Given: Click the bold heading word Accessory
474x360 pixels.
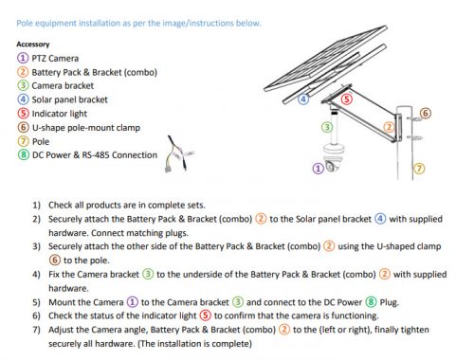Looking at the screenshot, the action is click(33, 45).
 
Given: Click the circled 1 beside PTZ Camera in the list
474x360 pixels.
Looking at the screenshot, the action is click(23, 58).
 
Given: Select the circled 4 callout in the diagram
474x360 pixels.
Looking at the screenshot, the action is click(303, 99).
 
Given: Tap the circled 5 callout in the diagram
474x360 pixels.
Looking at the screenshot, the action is click(347, 99).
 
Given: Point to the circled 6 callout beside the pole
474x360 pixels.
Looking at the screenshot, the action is click(426, 113).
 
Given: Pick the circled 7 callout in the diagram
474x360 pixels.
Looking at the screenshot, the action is click(419, 169).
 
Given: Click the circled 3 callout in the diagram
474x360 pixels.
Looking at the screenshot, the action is click(327, 127).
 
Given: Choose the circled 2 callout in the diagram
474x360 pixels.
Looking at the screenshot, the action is click(389, 127).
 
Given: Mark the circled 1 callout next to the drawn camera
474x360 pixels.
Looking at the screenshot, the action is click(318, 169).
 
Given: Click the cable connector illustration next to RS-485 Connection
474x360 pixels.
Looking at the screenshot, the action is click(179, 154).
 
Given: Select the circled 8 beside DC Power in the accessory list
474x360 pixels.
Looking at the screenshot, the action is click(23, 154).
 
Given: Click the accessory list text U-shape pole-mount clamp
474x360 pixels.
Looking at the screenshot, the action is click(86, 128).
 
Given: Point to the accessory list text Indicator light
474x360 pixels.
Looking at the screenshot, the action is click(60, 114).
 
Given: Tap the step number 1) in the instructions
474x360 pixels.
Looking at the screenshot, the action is click(37, 206).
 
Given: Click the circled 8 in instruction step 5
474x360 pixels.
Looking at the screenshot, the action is click(371, 302).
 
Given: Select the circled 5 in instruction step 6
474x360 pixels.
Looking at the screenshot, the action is click(206, 315).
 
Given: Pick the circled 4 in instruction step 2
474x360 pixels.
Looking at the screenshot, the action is click(380, 219).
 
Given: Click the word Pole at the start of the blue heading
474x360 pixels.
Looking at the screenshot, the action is click(24, 23).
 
